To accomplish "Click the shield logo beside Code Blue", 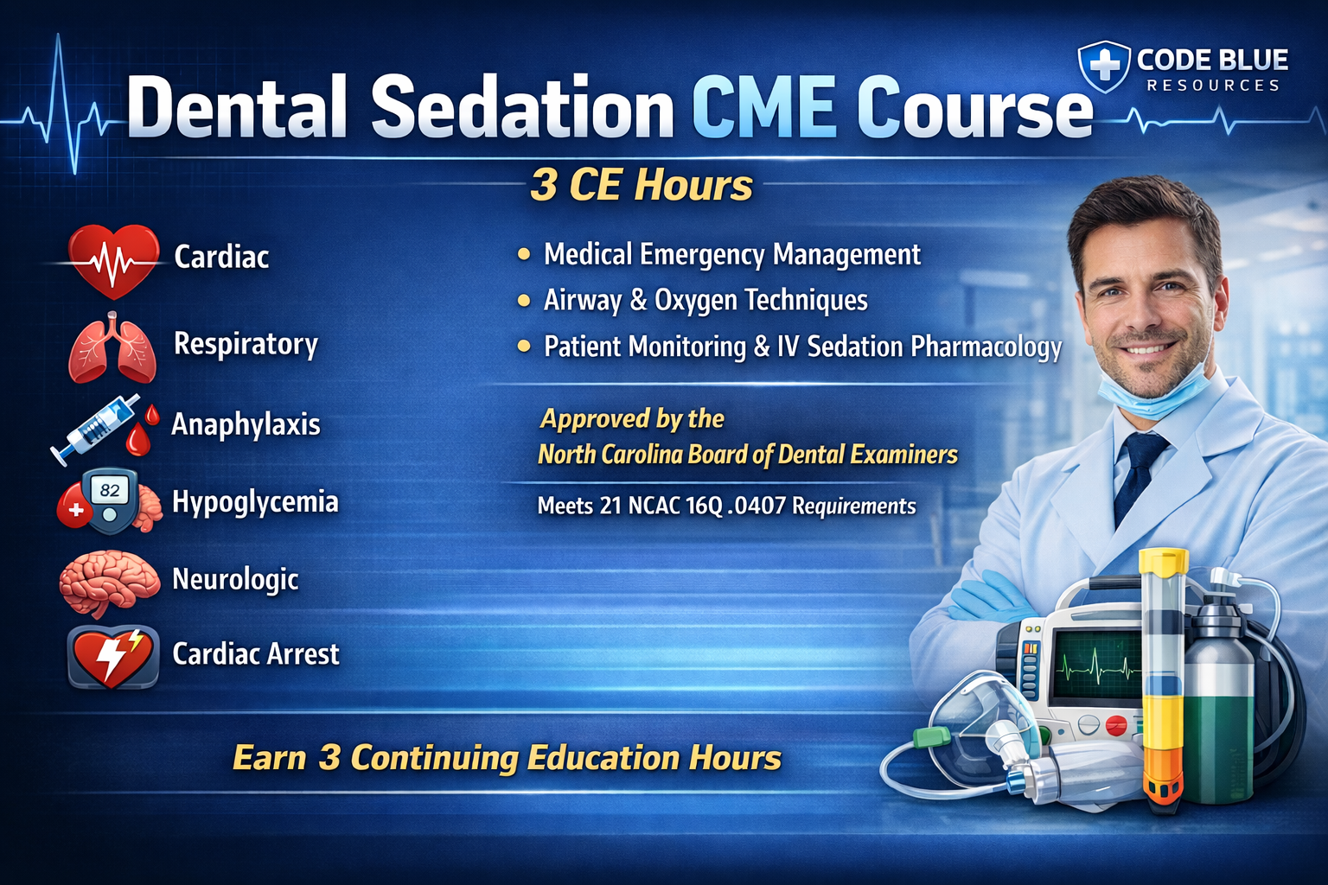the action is pos(1103,66).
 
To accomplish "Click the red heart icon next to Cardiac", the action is pos(113,260).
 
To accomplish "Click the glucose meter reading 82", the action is pos(109,501).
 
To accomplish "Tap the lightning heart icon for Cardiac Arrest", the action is pos(112,657).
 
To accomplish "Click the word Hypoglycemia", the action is pos(255,503).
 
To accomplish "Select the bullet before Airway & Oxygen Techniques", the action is pos(523,300).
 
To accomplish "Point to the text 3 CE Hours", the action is pos(641,185).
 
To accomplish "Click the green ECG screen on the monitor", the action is pos(1097,664).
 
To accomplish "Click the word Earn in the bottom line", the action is pos(269,758).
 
